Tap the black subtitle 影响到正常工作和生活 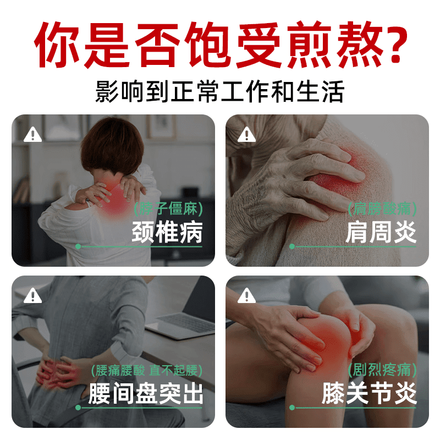pyautogui.click(x=220, y=92)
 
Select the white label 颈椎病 pyautogui.click(x=167, y=233)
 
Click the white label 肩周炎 pyautogui.click(x=381, y=233)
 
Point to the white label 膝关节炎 pyautogui.click(x=369, y=394)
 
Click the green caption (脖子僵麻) pyautogui.click(x=168, y=208)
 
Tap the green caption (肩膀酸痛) pyautogui.click(x=382, y=208)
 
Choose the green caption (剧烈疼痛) pyautogui.click(x=382, y=370)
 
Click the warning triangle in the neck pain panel pyautogui.click(x=33, y=134)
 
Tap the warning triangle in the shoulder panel pyautogui.click(x=247, y=134)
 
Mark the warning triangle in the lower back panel pyautogui.click(x=33, y=295)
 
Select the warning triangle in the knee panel pyautogui.click(x=247, y=295)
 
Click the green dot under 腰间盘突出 pyautogui.click(x=78, y=408)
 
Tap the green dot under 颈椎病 pyautogui.click(x=78, y=246)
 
